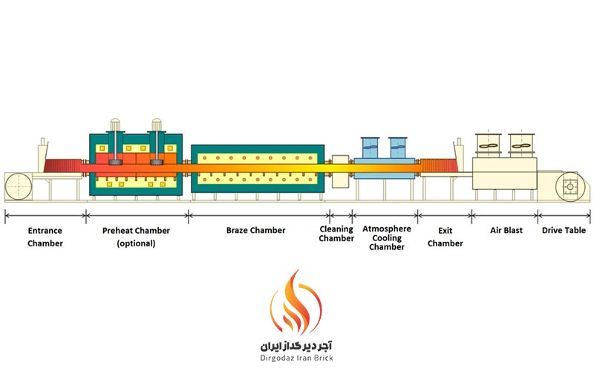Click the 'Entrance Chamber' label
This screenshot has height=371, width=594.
tap(45, 237)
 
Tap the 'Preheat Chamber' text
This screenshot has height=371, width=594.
tap(136, 231)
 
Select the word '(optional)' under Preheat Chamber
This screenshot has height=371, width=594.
tap(136, 243)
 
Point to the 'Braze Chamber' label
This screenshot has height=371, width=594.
tap(255, 230)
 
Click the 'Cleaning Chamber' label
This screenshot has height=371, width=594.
tap(336, 234)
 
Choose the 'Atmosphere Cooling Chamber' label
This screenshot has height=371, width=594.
tap(387, 237)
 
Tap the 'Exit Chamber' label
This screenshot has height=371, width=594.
tap(445, 237)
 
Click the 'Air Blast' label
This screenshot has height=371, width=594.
tap(506, 230)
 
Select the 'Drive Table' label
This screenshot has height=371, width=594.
tap(564, 230)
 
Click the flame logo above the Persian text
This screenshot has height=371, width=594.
tap(296, 302)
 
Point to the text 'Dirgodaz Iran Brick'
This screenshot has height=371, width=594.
tap(296, 358)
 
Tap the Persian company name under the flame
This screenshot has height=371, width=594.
tap(296, 345)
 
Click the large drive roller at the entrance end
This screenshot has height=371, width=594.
tap(18, 186)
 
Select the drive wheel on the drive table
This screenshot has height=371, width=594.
tap(569, 187)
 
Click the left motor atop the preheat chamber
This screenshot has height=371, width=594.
tap(115, 142)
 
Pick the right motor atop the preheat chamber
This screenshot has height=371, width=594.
tap(157, 142)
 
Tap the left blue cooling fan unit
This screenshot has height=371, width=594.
tap(371, 148)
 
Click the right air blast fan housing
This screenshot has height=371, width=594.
tap(521, 145)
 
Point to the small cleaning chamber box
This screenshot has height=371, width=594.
tap(340, 171)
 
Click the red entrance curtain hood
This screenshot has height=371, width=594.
tap(62, 165)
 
